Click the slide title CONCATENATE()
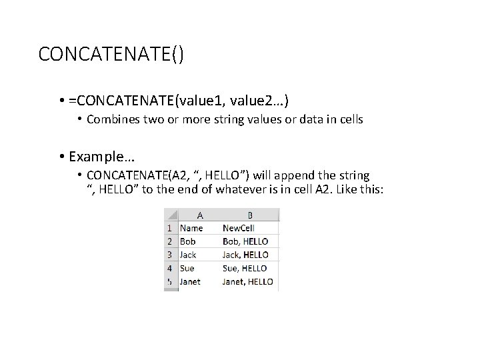111,54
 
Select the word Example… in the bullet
101,157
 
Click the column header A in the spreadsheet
199,215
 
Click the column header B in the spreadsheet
249,215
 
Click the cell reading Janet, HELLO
248,281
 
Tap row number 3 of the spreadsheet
170,255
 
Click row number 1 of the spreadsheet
170,228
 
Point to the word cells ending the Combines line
349,120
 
